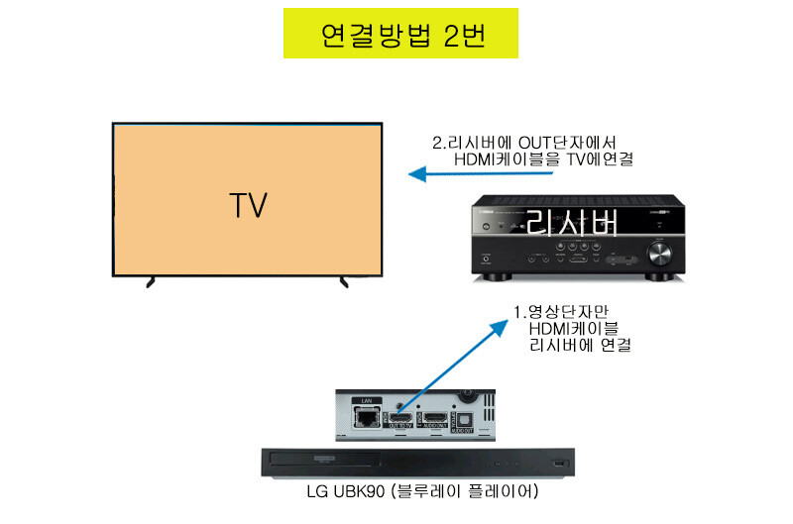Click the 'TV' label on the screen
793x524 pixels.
[248, 206]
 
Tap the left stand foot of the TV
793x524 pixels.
[151, 282]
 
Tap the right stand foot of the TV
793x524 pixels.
[344, 282]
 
